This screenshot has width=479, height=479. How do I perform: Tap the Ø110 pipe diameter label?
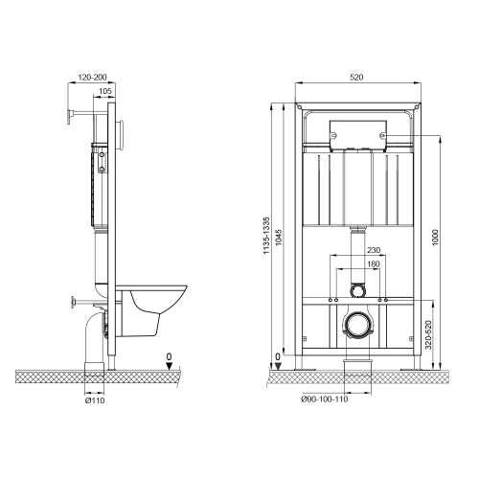(x=94, y=399)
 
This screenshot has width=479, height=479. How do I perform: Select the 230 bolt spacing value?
(x=360, y=252)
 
